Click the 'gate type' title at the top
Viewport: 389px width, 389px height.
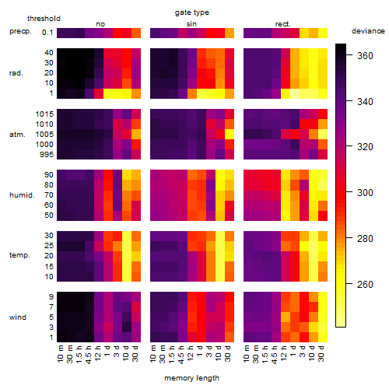pos(192,12)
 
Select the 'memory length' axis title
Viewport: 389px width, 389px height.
pos(192,378)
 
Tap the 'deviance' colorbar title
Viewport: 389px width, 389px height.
pos(368,31)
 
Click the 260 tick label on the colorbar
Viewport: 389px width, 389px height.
pos(365,285)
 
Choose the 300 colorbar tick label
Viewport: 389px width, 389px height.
pos(365,193)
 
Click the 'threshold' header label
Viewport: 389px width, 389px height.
pos(44,19)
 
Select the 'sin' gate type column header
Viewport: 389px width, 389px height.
pos(191,24)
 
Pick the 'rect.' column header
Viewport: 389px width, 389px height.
pos(283,24)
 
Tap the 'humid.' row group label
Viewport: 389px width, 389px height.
pos(22,195)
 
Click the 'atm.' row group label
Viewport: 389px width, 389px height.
pos(17,135)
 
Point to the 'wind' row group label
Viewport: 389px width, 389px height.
pos(18,317)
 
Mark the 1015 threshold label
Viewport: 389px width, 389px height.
pos(44,114)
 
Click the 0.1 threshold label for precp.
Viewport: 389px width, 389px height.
pos(47,33)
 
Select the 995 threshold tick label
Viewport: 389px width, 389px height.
pos(47,155)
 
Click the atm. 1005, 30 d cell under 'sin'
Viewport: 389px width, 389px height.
pos(230,135)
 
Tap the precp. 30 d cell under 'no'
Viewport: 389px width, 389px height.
pos(136,33)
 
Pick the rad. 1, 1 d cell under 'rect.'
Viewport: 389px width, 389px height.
pos(295,93)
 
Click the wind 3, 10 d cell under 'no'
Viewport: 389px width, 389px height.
pos(127,328)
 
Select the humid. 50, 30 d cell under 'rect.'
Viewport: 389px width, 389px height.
pos(323,216)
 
